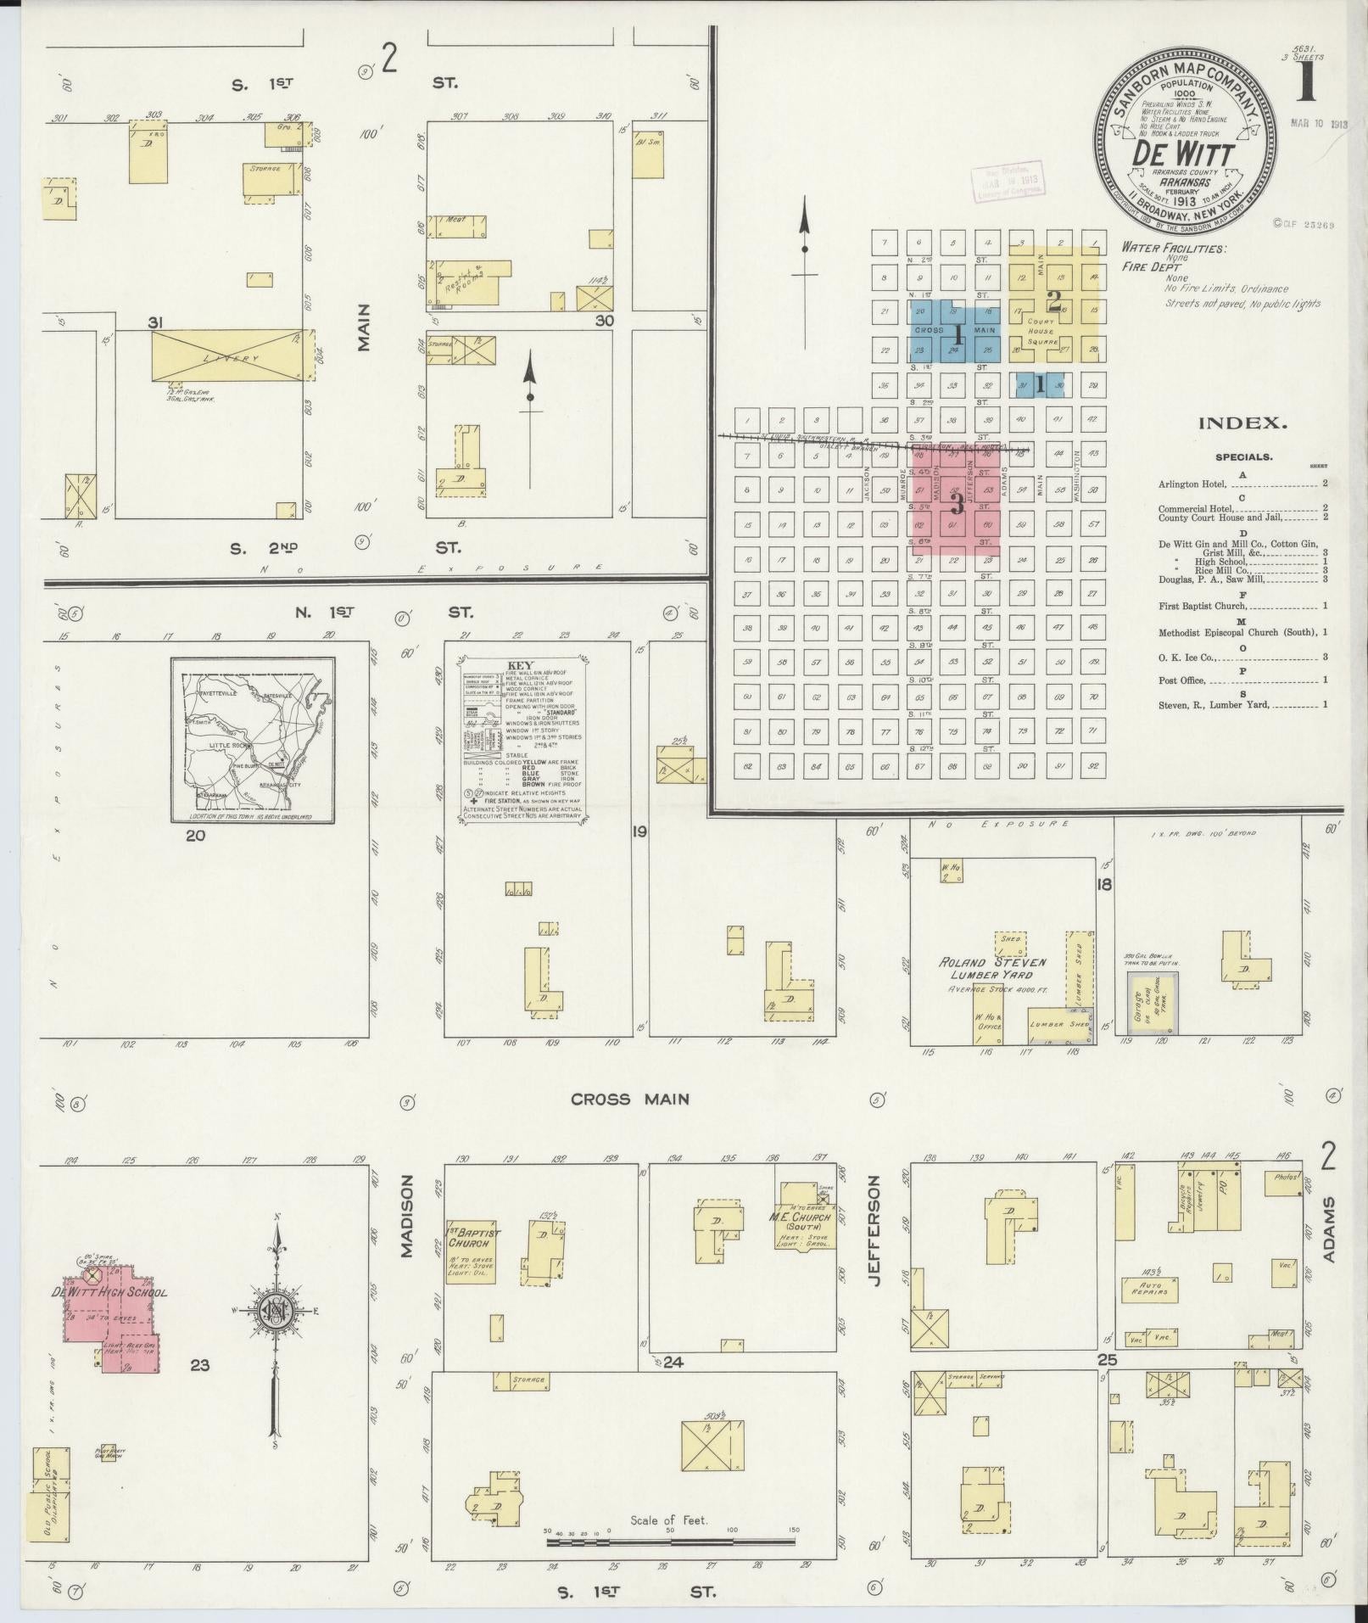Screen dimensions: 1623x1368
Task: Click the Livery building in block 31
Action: point(226,355)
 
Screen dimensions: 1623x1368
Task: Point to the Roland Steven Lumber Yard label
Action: point(991,968)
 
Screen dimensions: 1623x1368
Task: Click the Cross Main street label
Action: point(629,1099)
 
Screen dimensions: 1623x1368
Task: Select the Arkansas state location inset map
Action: point(252,740)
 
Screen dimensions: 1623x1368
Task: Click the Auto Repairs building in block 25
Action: point(1154,1289)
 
